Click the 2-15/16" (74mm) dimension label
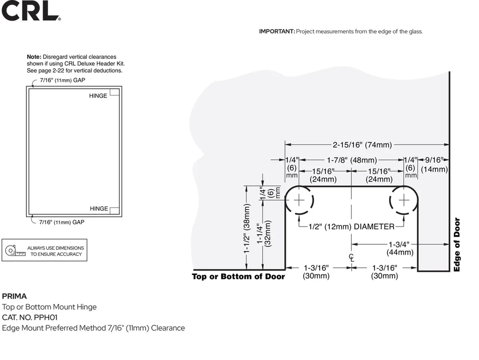coord(362,145)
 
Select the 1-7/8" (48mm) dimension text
coord(352,160)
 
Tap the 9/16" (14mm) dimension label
coord(434,165)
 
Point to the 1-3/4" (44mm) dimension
coord(400,248)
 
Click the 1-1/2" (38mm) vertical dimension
coord(247,229)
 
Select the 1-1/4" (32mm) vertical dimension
coord(264,234)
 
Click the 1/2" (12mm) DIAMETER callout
coord(351,227)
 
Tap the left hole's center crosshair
coord(299,200)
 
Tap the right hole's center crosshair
coord(404,200)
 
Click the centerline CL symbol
coord(351,258)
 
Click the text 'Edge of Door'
coord(457,245)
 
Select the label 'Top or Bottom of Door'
coord(238,277)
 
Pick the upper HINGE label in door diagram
coord(98,96)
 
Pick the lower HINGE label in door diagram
coord(99,209)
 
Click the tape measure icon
coord(15,251)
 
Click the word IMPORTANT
coord(277,31)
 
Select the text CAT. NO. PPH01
coord(29,317)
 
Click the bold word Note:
coord(34,57)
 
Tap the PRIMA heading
coord(15,296)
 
